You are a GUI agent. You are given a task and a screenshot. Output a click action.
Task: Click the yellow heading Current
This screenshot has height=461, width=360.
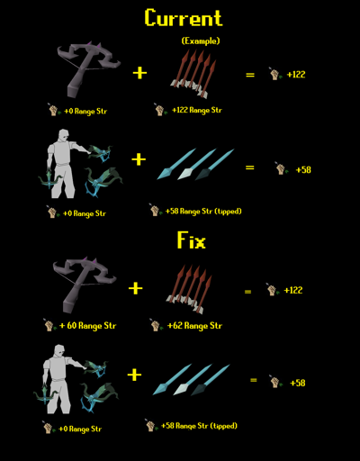coord(184,17)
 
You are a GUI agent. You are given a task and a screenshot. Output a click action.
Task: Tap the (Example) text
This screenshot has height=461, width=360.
coord(201,41)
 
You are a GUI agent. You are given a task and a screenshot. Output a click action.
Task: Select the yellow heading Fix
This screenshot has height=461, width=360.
coord(192,240)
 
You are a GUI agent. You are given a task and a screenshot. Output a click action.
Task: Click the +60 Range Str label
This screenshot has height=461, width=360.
coord(87,326)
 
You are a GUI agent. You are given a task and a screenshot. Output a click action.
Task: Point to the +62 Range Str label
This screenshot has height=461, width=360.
coord(194,326)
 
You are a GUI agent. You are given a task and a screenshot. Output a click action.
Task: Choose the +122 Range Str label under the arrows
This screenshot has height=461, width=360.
coord(197,110)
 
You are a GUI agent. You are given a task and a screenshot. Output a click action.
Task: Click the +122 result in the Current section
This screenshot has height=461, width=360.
coord(296,75)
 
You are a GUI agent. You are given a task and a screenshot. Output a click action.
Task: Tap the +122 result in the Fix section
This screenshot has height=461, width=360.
coord(293,290)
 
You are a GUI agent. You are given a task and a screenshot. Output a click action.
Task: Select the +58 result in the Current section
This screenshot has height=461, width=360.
coord(303,170)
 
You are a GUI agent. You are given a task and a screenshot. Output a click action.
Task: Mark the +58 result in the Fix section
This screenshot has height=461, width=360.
coord(298,383)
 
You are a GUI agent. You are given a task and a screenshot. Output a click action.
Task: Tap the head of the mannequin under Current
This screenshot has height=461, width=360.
coord(63,136)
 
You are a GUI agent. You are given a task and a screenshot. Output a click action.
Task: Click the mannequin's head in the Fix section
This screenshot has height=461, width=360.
coord(59,351)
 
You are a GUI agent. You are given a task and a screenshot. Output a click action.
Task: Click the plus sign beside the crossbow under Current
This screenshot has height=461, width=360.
coord(139,73)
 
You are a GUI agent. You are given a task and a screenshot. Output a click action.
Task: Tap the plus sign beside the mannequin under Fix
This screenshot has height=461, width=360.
coord(134,375)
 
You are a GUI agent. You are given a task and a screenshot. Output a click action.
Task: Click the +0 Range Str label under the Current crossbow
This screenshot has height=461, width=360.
coord(85,112)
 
